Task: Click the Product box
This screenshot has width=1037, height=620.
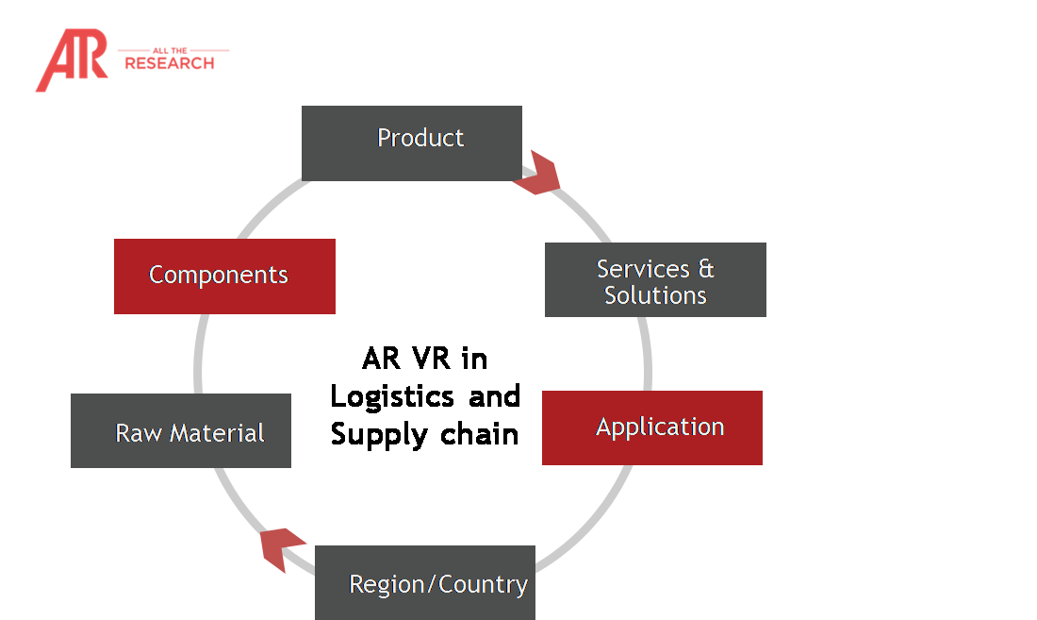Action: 411,142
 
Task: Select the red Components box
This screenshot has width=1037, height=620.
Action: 224,276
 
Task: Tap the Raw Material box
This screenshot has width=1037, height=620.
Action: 180,430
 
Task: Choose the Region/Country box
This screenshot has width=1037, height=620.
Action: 424,582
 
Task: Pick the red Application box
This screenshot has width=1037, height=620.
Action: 651,427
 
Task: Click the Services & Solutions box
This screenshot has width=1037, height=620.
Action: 655,279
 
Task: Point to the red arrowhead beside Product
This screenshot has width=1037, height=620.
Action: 538,174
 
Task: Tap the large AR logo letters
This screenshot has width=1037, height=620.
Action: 70,60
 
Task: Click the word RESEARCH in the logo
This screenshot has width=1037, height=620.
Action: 170,64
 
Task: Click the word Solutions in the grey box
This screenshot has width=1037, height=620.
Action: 655,295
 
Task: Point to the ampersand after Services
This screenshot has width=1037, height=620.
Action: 705,269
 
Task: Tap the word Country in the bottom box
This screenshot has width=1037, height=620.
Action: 483,584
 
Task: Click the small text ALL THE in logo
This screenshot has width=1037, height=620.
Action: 173,50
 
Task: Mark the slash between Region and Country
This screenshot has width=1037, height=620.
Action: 434,584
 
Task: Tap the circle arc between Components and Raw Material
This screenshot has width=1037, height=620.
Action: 198,354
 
